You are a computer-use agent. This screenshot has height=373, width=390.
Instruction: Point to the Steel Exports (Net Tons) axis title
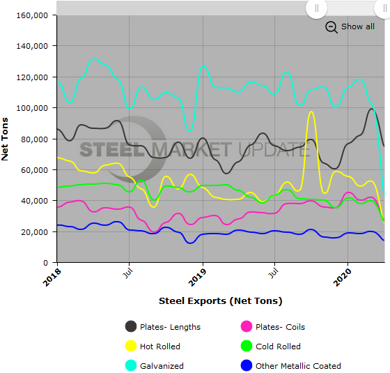coord(220,301)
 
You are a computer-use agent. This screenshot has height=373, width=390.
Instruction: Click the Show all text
coord(357,26)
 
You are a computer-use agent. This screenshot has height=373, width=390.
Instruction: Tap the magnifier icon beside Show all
coord(331,27)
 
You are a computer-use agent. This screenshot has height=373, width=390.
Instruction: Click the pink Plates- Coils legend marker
coord(246,326)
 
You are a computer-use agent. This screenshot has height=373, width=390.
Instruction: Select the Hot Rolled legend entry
coord(161,347)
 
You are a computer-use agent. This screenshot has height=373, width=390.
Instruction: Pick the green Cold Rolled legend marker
coord(246,346)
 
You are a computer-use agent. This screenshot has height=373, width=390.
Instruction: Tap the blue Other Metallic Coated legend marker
coord(246,365)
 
